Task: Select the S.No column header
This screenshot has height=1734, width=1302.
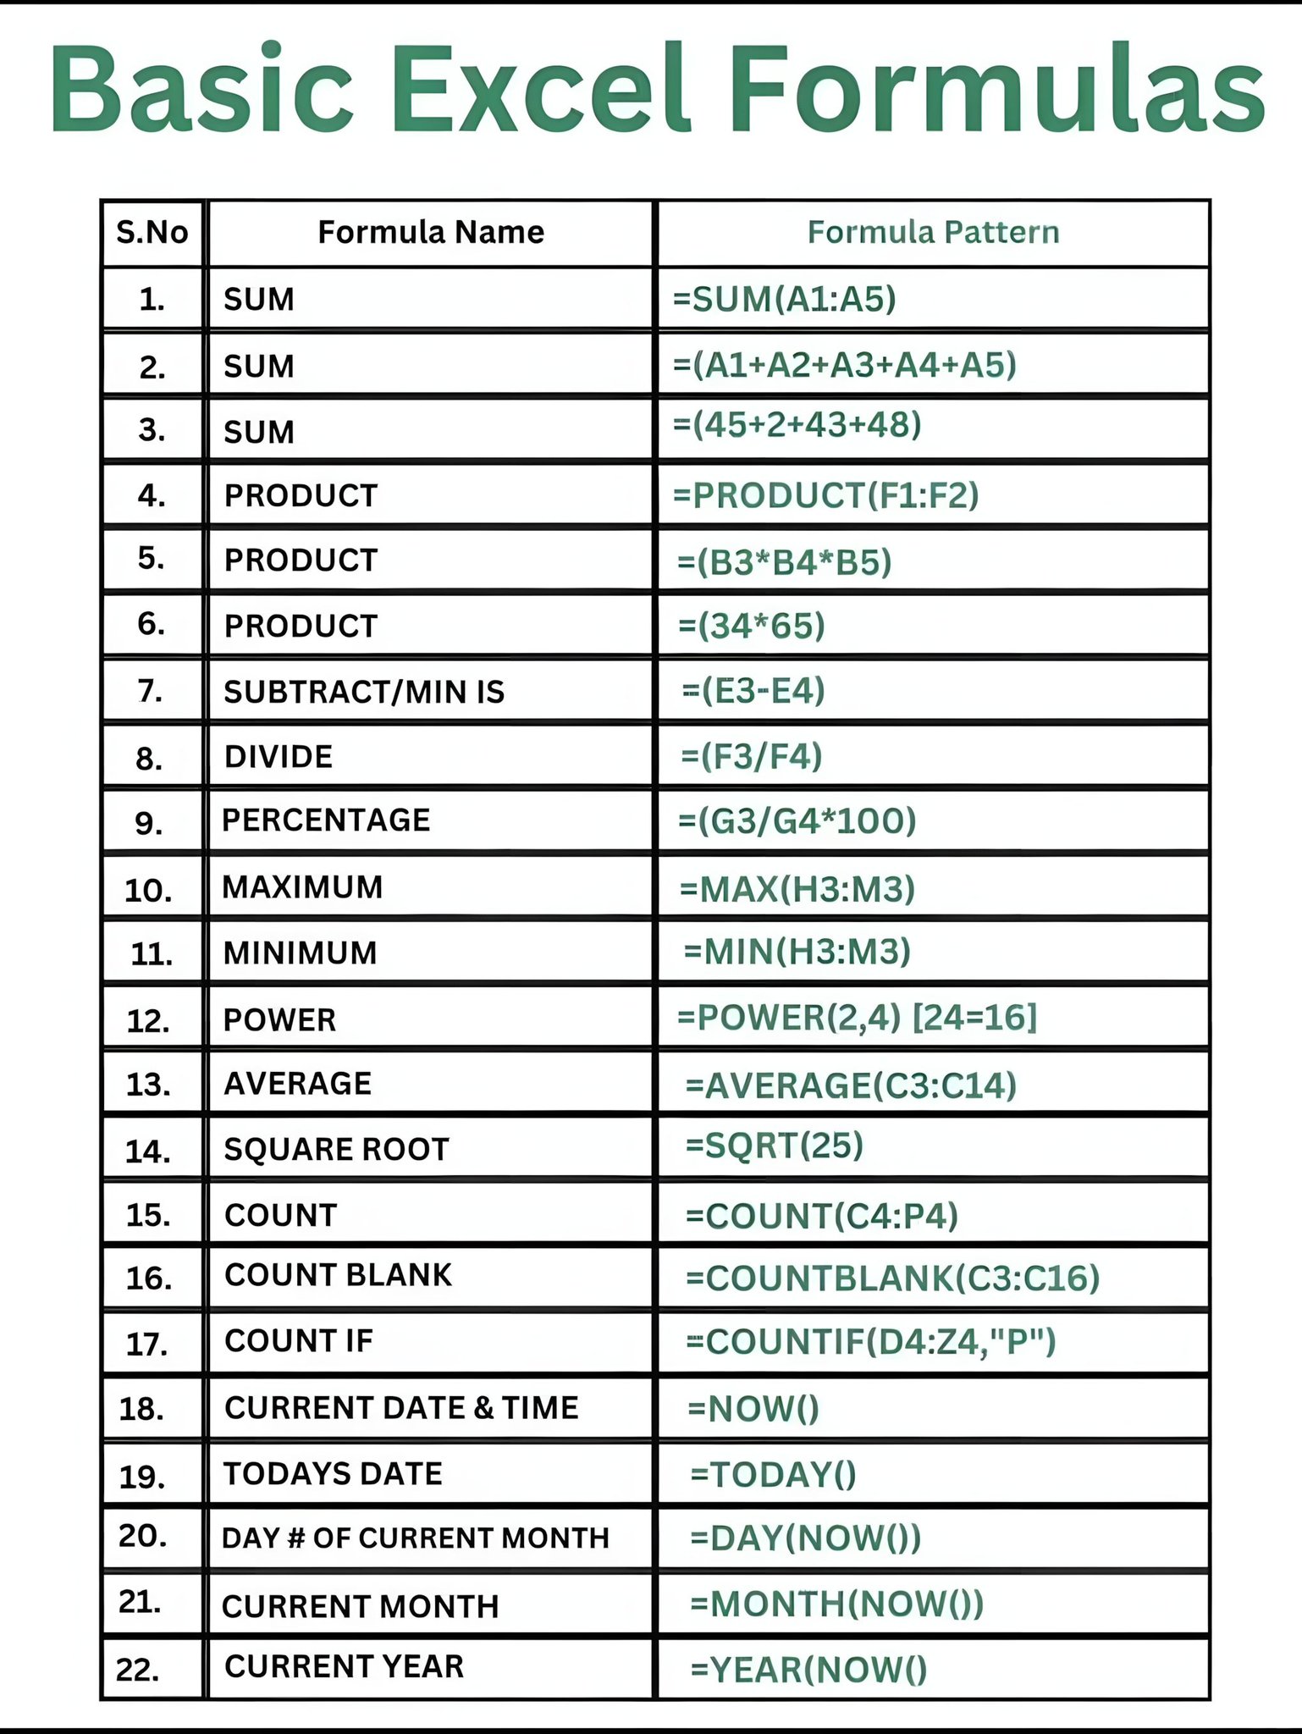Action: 152,232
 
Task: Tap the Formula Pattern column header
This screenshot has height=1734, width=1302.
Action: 933,232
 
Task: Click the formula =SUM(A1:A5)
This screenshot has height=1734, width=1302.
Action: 784,299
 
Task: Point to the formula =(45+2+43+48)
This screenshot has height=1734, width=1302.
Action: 797,424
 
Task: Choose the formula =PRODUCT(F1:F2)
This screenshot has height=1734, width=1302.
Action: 825,495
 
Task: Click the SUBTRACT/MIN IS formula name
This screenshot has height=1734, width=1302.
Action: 364,692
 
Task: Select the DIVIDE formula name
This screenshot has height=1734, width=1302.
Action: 279,756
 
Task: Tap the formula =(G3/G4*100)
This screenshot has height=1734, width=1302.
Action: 797,820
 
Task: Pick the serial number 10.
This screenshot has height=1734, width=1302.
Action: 148,890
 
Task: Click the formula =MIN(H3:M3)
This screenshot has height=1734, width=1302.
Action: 797,952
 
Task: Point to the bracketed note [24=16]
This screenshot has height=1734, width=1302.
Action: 974,1017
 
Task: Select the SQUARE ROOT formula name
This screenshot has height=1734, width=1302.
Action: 336,1149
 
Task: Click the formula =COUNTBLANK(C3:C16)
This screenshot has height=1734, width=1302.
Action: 892,1278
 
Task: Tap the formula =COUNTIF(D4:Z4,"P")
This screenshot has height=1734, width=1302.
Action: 870,1342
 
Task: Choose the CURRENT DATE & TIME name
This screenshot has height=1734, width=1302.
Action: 401,1407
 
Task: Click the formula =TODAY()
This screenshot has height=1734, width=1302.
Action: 773,1474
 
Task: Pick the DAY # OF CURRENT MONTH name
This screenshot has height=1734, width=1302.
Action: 415,1538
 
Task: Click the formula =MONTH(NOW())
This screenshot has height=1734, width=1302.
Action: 836,1604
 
